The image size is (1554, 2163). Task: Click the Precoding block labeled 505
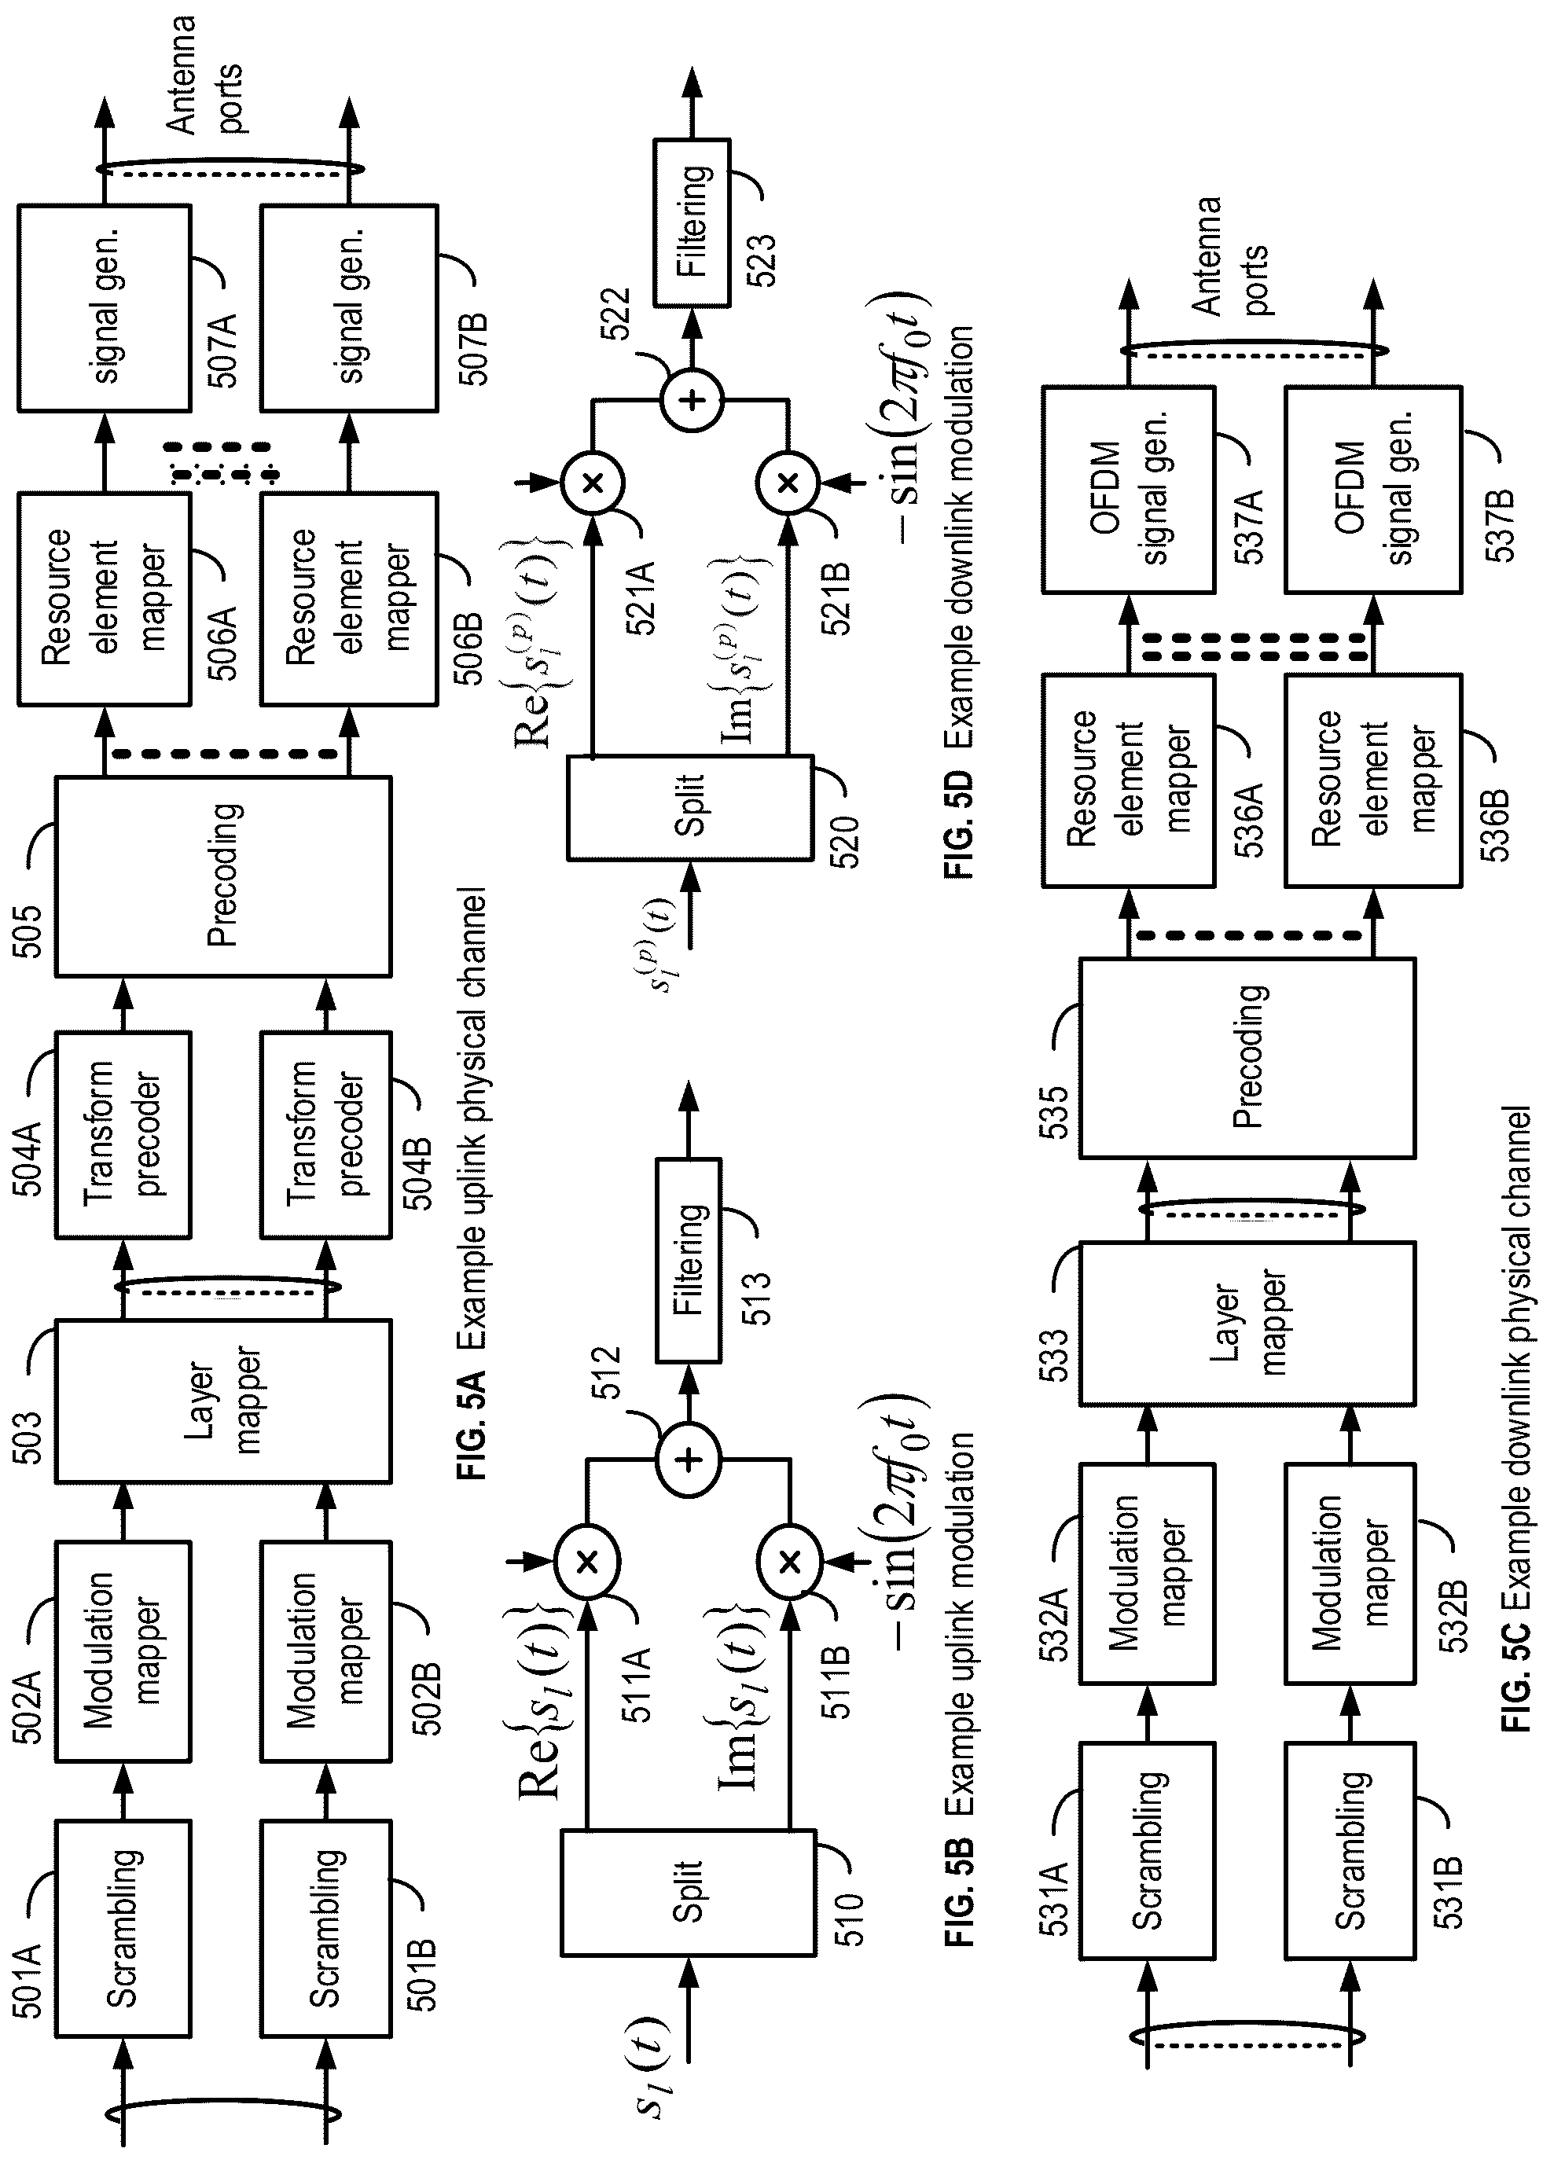(x=223, y=876)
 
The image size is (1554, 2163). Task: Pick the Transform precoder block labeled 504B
(x=326, y=1134)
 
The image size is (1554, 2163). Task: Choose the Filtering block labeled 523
(x=693, y=222)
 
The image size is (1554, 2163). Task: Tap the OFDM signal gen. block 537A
(x=1128, y=488)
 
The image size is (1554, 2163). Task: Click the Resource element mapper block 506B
(x=349, y=598)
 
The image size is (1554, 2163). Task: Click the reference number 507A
(x=223, y=349)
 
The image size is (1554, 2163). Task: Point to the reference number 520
(x=844, y=841)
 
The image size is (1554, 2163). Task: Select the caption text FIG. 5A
(x=472, y=1425)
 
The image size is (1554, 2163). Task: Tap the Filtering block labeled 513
(x=688, y=1259)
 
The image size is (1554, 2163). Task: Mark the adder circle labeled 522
(x=693, y=398)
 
